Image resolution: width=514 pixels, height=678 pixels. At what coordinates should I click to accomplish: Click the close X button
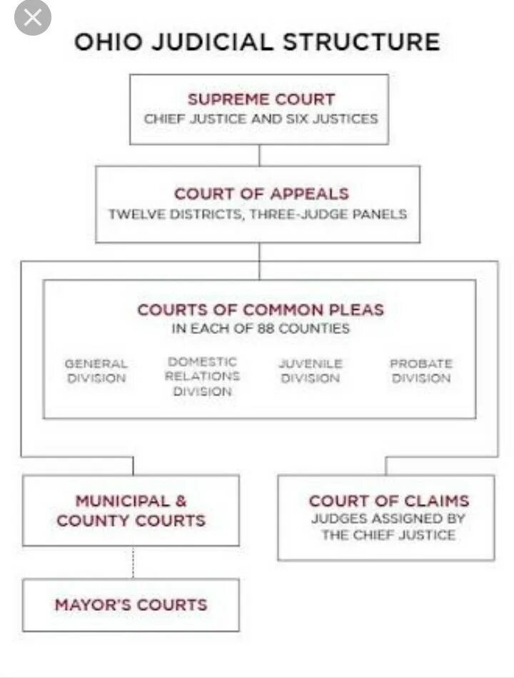tap(33, 18)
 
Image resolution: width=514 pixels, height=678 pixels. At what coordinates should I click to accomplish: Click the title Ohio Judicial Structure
tap(257, 41)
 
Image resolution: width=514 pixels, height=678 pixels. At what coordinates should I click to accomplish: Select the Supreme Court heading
tap(261, 99)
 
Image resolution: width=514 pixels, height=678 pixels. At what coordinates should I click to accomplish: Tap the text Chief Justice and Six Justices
tap(261, 119)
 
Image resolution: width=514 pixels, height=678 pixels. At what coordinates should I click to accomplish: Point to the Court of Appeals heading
tap(262, 193)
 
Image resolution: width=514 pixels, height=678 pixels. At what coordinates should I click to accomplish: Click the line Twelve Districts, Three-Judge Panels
tap(258, 214)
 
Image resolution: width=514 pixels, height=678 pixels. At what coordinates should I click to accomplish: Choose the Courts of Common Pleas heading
tap(261, 310)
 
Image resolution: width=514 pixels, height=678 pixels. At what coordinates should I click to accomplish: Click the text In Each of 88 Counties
tap(261, 329)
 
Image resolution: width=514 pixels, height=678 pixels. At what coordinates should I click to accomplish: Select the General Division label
tap(96, 371)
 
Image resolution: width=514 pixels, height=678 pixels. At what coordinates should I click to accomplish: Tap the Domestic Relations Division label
tap(202, 377)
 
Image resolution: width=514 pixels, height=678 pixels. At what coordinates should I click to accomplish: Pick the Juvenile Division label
tap(311, 371)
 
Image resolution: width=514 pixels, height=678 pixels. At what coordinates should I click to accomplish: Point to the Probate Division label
tap(421, 371)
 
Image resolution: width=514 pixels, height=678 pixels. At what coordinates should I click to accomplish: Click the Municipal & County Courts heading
tap(131, 511)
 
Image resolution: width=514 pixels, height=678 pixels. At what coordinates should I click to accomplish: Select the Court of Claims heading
tap(389, 501)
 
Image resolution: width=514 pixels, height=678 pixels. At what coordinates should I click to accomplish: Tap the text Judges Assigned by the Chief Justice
tap(388, 527)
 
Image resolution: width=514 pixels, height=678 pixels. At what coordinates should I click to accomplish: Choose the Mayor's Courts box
tap(131, 604)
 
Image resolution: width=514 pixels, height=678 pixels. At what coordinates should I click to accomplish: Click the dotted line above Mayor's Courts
tap(133, 562)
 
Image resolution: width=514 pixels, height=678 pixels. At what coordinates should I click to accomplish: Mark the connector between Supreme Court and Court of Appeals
tap(259, 155)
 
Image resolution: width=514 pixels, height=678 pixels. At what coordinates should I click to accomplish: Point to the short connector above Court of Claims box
tap(386, 465)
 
